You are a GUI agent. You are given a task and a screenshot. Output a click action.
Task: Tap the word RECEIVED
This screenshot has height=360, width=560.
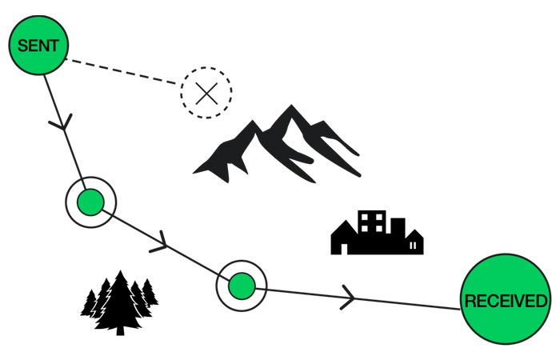(506, 302)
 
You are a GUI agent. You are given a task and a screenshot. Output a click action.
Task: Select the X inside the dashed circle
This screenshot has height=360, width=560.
(206, 93)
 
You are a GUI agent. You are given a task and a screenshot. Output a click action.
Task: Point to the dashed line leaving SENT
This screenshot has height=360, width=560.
(120, 71)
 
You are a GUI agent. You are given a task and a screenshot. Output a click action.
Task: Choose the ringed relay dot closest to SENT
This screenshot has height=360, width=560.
(90, 202)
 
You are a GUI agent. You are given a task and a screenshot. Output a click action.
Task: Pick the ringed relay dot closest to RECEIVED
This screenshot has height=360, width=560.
(241, 285)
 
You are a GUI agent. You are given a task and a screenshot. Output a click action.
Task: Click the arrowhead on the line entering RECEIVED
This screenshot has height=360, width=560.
(349, 297)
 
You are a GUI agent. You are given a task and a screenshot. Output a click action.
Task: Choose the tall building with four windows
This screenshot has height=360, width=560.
(373, 228)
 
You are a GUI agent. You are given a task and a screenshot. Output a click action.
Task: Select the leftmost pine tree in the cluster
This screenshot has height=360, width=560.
(89, 304)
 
